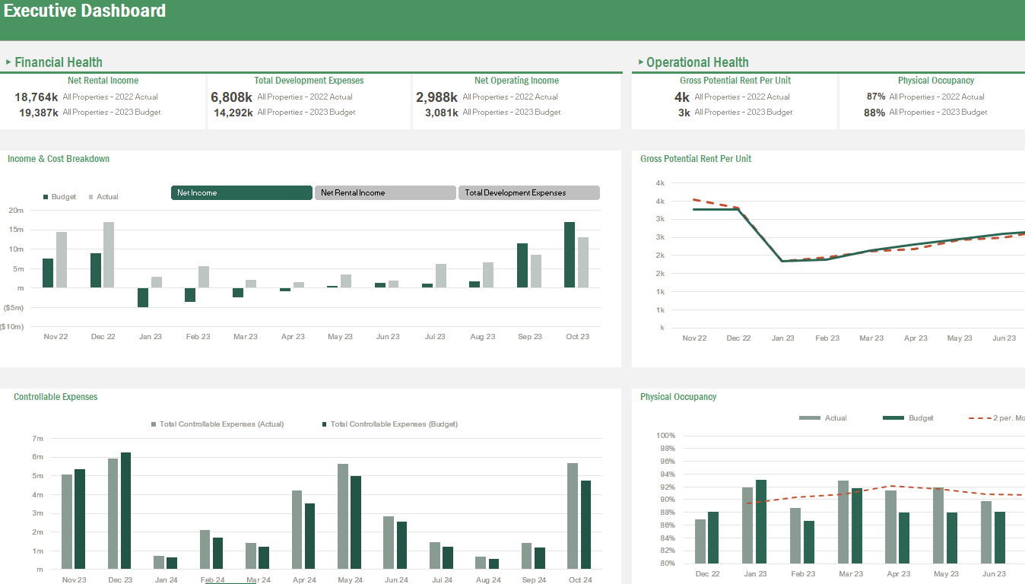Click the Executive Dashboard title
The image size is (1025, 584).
coord(84,11)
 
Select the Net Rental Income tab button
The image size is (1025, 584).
coord(385,193)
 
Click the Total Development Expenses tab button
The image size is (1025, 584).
coord(528,193)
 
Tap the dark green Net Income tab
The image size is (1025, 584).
coord(241,193)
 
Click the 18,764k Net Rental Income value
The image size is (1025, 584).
coord(36,97)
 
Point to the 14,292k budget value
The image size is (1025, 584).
coord(233,113)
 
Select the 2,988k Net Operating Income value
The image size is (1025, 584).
coord(436,97)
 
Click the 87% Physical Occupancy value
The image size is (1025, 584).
coord(875,97)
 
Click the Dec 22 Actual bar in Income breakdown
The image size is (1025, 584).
coord(109,255)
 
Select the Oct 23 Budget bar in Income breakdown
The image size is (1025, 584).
coord(570,255)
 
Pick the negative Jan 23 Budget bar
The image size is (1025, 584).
coord(143,297)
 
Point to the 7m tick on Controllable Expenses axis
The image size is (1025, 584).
coord(38,439)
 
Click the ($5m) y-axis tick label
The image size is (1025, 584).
coord(12,307)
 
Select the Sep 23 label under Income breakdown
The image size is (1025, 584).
coord(529,336)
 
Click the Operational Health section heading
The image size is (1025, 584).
coord(697,62)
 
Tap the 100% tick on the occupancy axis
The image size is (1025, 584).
coord(665,436)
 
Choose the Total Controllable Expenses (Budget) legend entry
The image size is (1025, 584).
coord(394,424)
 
